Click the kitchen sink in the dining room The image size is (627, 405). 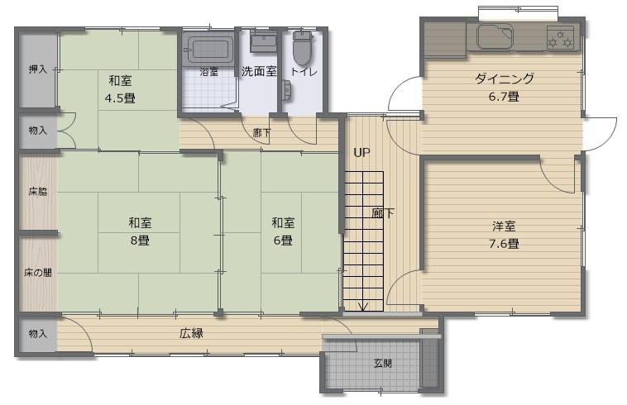(495, 36)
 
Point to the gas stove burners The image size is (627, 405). (560, 36)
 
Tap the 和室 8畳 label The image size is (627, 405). (139, 231)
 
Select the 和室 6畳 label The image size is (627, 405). (282, 231)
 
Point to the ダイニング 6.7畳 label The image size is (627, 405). (504, 88)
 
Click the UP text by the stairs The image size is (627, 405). (361, 152)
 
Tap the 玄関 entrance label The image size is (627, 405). (381, 363)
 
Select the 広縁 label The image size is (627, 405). (191, 334)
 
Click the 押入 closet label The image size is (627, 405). (38, 69)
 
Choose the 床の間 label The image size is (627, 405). (38, 272)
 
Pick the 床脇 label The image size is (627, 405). (38, 193)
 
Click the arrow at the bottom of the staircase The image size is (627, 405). (361, 307)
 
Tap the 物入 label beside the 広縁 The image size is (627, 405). (38, 334)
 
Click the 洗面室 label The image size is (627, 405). (259, 71)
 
